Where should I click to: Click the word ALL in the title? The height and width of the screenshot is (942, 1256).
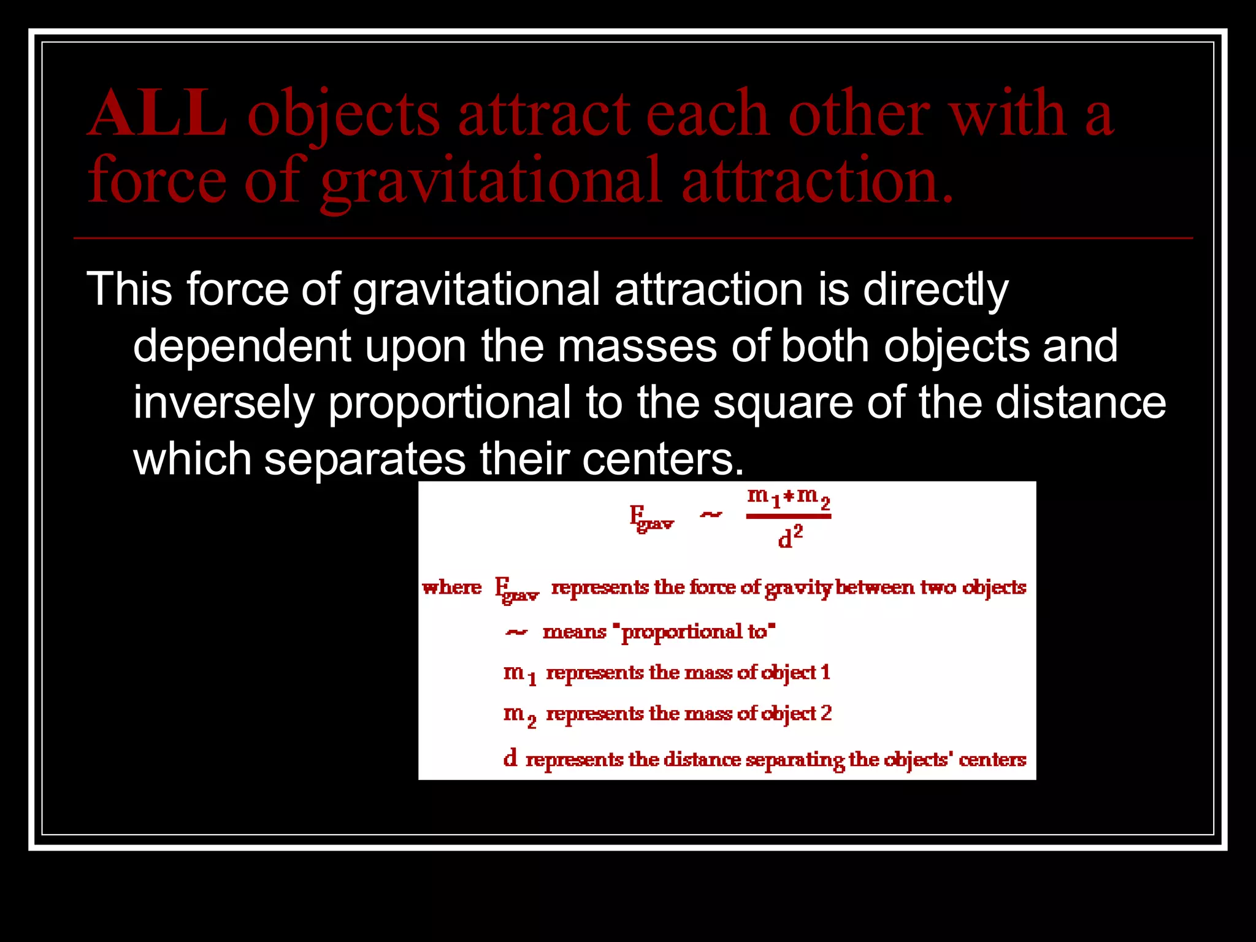pos(158,114)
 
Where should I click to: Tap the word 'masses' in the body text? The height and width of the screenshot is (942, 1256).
pos(637,347)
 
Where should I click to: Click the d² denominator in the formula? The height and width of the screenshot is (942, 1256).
pos(790,537)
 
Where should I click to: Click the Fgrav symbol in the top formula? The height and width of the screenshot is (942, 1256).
pos(651,518)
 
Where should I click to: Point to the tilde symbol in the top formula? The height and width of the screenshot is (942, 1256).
pos(711,515)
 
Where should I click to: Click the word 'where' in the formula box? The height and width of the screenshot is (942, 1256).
pos(452,588)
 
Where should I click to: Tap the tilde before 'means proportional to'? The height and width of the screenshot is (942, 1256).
pos(516,632)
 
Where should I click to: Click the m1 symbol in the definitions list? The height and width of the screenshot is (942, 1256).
pos(519,673)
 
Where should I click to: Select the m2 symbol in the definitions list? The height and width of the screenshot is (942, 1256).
pos(519,714)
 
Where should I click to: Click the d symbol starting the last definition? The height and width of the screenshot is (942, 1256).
pos(510,759)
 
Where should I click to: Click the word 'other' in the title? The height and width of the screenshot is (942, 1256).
pos(859,114)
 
